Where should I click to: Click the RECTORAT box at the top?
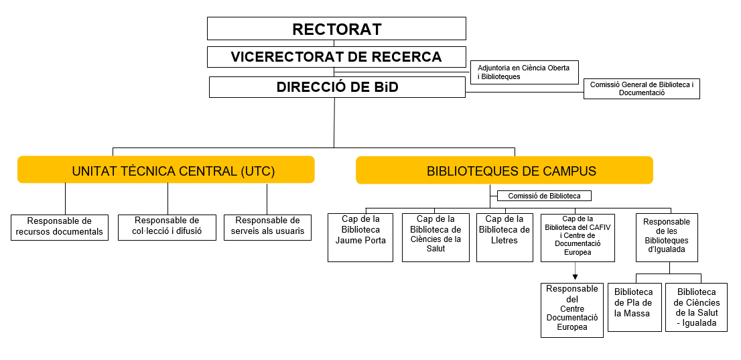coord(336,29)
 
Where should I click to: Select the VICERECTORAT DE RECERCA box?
coord(336,57)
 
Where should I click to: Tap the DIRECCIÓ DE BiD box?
coord(337,87)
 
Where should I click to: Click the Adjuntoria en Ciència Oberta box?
coord(524,72)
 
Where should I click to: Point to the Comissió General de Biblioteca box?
coord(641,89)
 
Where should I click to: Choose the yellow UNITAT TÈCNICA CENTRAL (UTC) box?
coord(166,170)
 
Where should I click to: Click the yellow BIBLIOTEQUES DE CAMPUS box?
coord(504,170)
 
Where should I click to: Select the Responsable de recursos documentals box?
coord(60,227)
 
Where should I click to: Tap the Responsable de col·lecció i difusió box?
coord(167,227)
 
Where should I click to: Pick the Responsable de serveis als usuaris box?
coord(267,227)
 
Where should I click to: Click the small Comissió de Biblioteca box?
coord(544,196)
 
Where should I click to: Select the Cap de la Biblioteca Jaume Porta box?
coord(360,237)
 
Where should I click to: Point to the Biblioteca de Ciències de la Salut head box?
coord(435,237)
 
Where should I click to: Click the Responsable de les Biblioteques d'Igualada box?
coord(666,237)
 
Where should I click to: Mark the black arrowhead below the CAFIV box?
coord(575,277)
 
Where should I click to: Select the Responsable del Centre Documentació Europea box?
coord(571,310)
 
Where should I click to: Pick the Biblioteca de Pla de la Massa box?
coord(633,307)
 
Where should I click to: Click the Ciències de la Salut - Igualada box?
coord(696,307)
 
